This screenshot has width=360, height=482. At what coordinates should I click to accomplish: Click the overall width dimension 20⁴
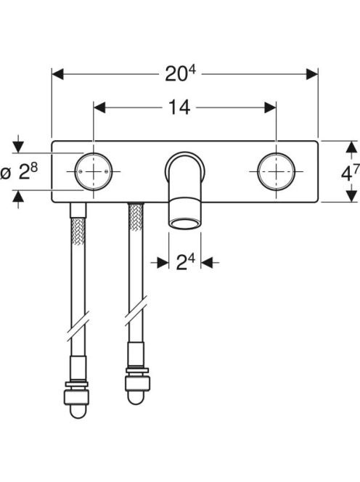pyautogui.click(x=180, y=74)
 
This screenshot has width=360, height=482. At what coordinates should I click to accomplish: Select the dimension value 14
pyautogui.click(x=179, y=107)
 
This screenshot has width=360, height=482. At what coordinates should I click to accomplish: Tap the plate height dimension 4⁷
pyautogui.click(x=350, y=173)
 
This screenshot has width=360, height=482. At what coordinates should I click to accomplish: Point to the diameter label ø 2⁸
pyautogui.click(x=19, y=172)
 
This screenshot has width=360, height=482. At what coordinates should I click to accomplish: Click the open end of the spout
pyautogui.click(x=185, y=224)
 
